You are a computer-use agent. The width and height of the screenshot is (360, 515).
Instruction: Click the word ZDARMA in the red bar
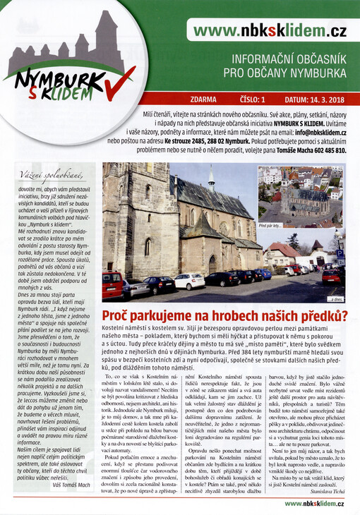(x=204, y=100)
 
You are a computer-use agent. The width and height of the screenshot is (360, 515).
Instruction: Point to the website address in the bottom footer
(x=315, y=503)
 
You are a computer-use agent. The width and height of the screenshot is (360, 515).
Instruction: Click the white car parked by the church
(x=189, y=281)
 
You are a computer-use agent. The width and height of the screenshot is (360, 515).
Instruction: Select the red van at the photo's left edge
(x=112, y=285)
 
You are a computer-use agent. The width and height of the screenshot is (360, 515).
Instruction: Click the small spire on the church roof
(x=211, y=176)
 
